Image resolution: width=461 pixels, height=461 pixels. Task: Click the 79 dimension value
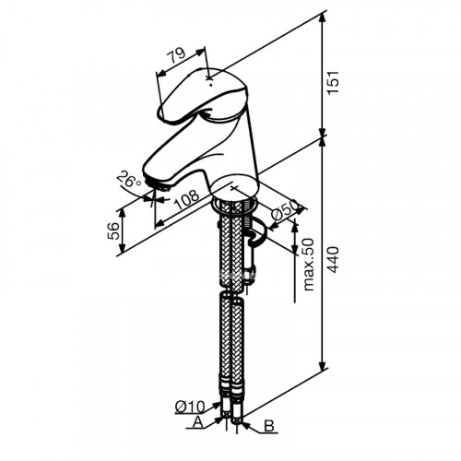click(x=176, y=55)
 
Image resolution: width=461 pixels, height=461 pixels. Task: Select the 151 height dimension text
click(x=333, y=83)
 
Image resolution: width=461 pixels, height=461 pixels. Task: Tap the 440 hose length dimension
click(x=333, y=259)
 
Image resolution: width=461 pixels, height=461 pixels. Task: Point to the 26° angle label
click(x=129, y=179)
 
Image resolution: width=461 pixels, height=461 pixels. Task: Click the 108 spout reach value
click(x=187, y=200)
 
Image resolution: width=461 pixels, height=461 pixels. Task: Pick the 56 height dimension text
click(x=113, y=230)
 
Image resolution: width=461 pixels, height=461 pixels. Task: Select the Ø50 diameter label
click(x=284, y=209)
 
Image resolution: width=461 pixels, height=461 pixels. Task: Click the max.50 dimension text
click(x=308, y=265)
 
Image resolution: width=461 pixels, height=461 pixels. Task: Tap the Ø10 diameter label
click(x=190, y=408)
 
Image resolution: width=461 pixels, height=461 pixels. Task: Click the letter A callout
click(x=198, y=422)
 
